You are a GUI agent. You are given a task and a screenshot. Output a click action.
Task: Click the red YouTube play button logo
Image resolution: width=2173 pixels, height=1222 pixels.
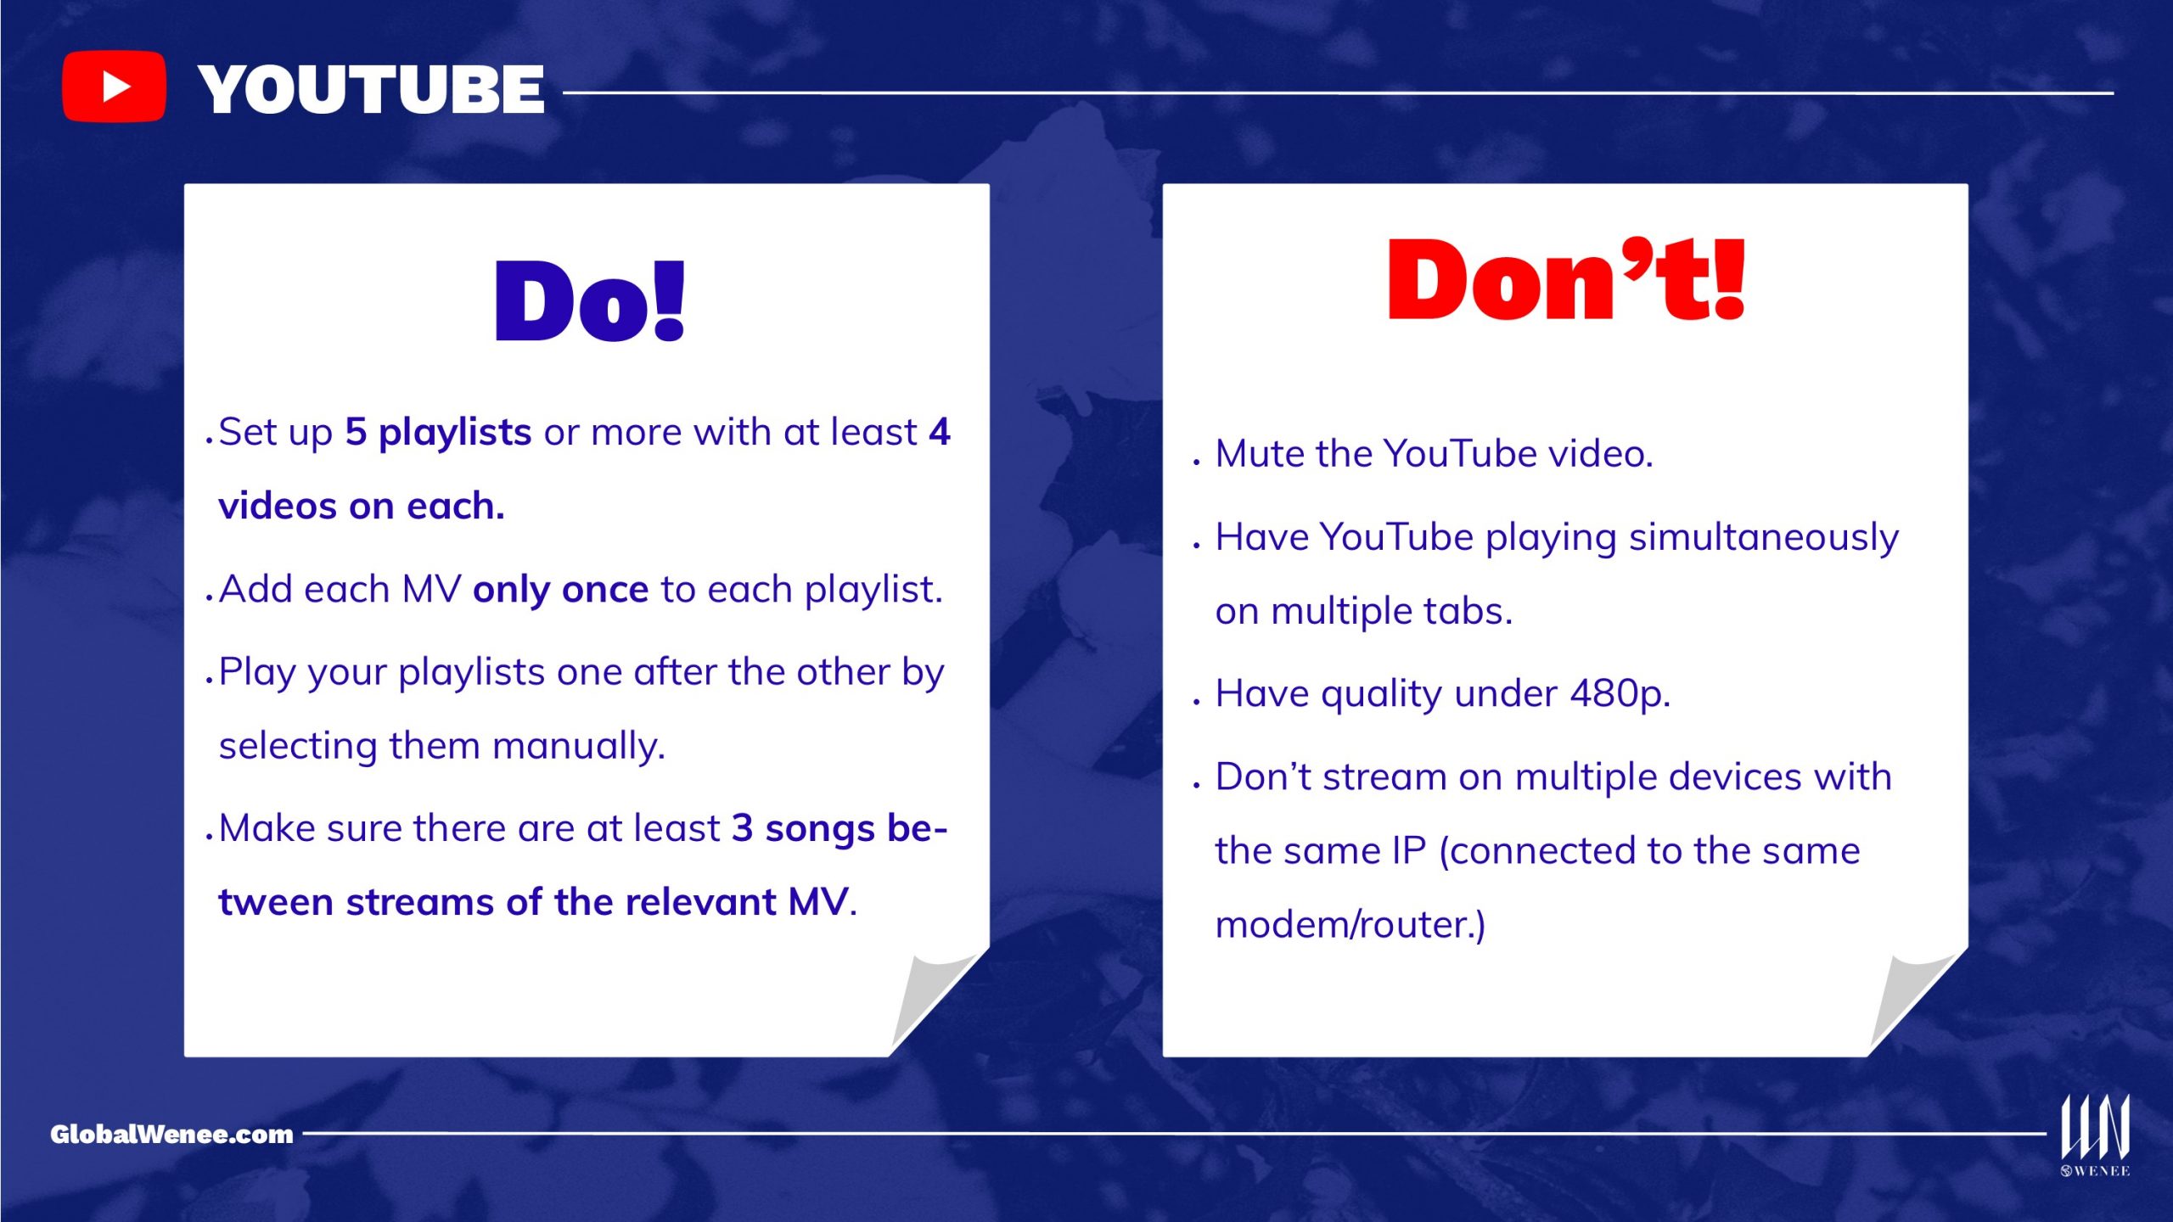(114, 87)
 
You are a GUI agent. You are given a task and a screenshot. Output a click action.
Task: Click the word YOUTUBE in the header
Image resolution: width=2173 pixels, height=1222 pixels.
(372, 90)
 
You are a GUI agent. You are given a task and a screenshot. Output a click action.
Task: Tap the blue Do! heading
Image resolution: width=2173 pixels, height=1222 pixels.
(590, 301)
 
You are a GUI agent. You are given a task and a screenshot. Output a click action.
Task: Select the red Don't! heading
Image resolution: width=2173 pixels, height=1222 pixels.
(1566, 279)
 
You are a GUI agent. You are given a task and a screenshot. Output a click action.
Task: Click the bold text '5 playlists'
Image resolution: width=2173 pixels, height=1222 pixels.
(438, 433)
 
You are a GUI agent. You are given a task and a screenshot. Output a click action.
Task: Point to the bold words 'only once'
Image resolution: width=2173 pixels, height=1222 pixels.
(561, 589)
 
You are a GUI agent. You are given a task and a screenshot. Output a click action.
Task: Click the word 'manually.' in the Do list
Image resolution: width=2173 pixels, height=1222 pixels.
(579, 747)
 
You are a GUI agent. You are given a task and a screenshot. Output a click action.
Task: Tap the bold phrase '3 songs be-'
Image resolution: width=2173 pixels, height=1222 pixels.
(839, 828)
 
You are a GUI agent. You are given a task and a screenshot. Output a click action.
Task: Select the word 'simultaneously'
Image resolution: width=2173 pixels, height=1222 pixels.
(1764, 538)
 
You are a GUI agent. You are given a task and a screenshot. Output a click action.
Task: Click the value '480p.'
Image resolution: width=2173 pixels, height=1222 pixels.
(1620, 694)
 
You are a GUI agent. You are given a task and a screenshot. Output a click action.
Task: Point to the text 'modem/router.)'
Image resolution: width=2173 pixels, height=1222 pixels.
(1350, 924)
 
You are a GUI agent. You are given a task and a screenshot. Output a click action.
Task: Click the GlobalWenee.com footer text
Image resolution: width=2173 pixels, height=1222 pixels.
(171, 1135)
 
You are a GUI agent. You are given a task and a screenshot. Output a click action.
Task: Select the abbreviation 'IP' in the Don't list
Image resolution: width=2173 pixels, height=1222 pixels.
(1409, 850)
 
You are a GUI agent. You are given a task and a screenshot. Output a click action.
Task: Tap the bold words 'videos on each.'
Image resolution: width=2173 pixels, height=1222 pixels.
(362, 506)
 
